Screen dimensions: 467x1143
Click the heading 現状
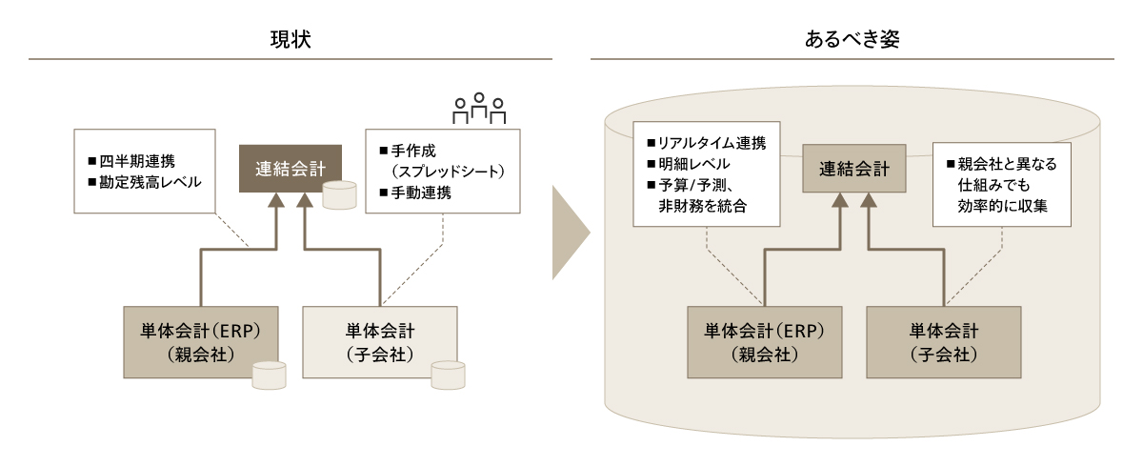coord(290,39)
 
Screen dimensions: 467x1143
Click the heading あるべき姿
coord(852,39)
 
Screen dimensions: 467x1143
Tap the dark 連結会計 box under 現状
coord(291,169)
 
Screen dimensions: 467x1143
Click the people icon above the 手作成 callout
coord(479,109)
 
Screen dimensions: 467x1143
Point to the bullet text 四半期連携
coord(138,159)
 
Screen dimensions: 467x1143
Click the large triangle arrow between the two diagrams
coord(571,233)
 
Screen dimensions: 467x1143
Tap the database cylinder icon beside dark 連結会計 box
coord(339,193)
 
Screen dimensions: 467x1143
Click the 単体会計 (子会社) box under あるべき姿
coord(944,341)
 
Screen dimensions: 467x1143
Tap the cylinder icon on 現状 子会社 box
coord(448,375)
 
